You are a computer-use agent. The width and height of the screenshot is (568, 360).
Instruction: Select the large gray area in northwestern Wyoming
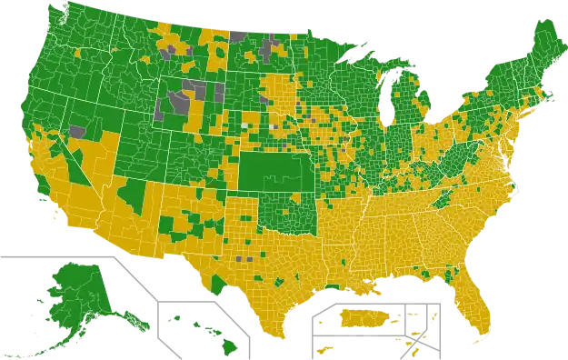pos(173,100)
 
